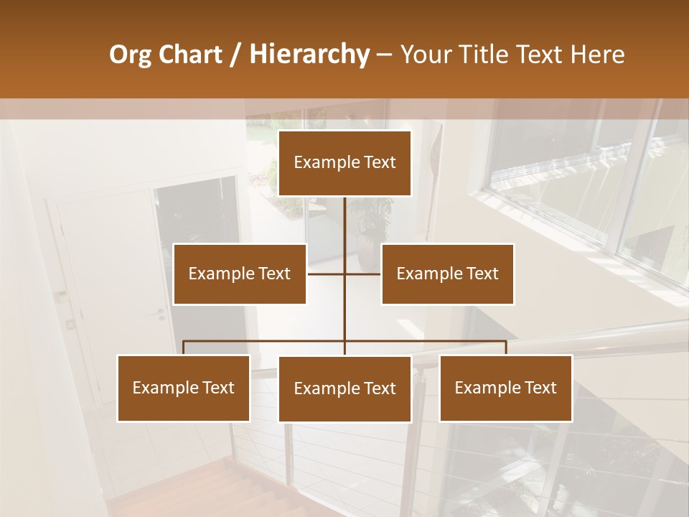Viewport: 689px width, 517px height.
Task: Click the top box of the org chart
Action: (344, 163)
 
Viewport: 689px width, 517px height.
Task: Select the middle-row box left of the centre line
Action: (240, 274)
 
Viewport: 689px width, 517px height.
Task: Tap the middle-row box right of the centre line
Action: (448, 274)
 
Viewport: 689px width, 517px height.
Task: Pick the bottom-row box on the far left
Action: (184, 388)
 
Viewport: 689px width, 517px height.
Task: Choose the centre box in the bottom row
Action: (344, 388)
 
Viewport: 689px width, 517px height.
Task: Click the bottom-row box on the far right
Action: (506, 388)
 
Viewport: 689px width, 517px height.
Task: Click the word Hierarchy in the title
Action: (309, 55)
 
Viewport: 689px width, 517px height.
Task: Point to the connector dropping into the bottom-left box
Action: (184, 348)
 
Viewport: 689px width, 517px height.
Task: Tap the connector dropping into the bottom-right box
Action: (506, 348)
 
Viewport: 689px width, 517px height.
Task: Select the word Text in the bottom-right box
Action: (540, 388)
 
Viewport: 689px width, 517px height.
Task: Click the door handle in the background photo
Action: (161, 314)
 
